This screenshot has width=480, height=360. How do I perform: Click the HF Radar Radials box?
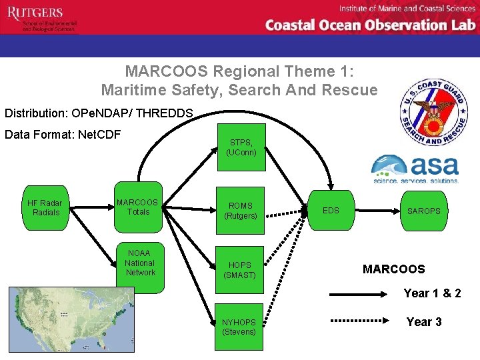45,207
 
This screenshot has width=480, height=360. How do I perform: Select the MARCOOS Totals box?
138,207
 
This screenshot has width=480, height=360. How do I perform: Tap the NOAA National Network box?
140,264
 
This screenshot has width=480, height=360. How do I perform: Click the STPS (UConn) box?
241,147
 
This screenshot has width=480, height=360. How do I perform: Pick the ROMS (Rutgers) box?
241,211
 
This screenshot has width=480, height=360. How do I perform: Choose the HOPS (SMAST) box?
241,269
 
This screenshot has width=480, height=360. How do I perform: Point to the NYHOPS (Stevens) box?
239,327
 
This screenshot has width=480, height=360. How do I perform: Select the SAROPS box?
424,211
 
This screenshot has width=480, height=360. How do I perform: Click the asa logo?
415,169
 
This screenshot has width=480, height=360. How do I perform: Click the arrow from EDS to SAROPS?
377,211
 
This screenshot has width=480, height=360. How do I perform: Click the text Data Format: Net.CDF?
63,135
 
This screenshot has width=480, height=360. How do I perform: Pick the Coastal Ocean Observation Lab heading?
370,25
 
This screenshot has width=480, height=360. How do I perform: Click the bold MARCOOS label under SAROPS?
393,269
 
